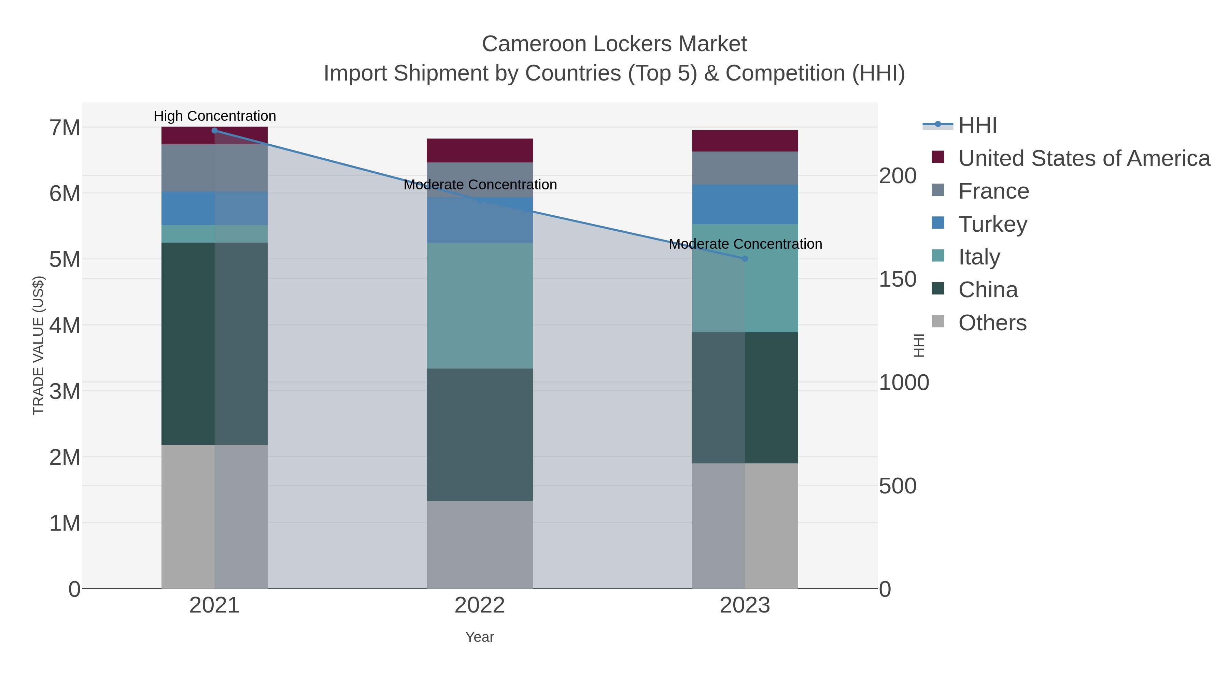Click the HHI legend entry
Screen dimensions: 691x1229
point(977,126)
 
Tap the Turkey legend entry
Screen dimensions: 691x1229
point(992,224)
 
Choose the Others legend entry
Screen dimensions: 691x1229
point(992,323)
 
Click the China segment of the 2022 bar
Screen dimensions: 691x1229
point(480,434)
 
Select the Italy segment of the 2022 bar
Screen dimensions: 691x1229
point(480,305)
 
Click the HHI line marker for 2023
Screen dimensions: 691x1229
point(745,258)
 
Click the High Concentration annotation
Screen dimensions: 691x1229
point(215,116)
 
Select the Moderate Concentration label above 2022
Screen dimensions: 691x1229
point(480,185)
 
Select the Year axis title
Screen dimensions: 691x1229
point(480,637)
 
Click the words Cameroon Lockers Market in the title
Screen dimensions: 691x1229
point(614,44)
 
